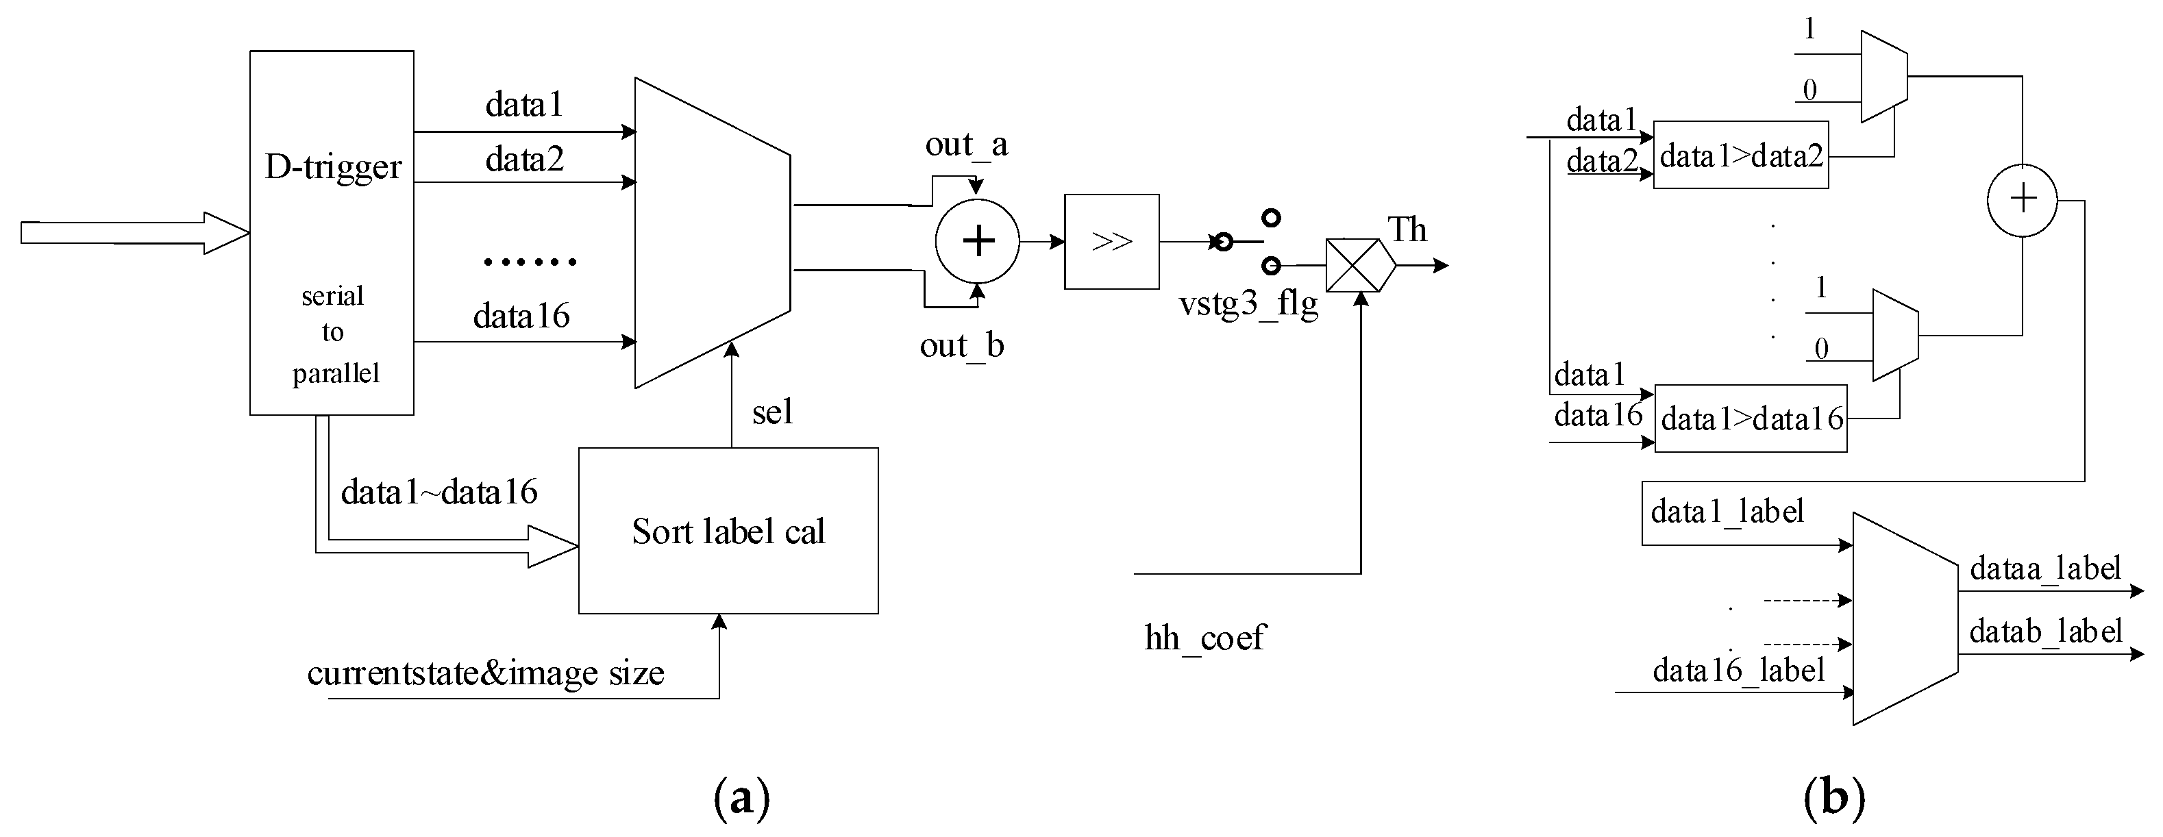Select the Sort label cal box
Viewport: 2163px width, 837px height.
pyautogui.click(x=728, y=531)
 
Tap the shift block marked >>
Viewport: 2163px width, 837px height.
pyautogui.click(x=1111, y=242)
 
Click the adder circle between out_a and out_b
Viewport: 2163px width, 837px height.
pyautogui.click(x=978, y=241)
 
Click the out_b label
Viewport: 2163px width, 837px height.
pyautogui.click(x=961, y=345)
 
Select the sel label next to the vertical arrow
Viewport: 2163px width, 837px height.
pyautogui.click(x=771, y=412)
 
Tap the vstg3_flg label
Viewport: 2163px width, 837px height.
pyautogui.click(x=1248, y=303)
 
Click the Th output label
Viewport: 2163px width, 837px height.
pyautogui.click(x=1407, y=229)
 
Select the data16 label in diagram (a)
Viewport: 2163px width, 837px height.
pyautogui.click(x=521, y=316)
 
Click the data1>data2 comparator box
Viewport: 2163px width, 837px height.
pyautogui.click(x=1741, y=156)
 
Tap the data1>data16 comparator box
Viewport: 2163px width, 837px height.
pyautogui.click(x=1751, y=418)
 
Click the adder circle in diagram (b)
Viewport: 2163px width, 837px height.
pyautogui.click(x=2022, y=200)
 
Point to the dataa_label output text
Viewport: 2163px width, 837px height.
pyautogui.click(x=2044, y=569)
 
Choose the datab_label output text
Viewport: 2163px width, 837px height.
pyautogui.click(x=2044, y=632)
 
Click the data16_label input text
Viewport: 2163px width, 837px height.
pyautogui.click(x=1738, y=671)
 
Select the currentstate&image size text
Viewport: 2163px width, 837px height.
pyautogui.click(x=485, y=673)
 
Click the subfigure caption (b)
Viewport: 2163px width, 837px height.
pyautogui.click(x=1834, y=797)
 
